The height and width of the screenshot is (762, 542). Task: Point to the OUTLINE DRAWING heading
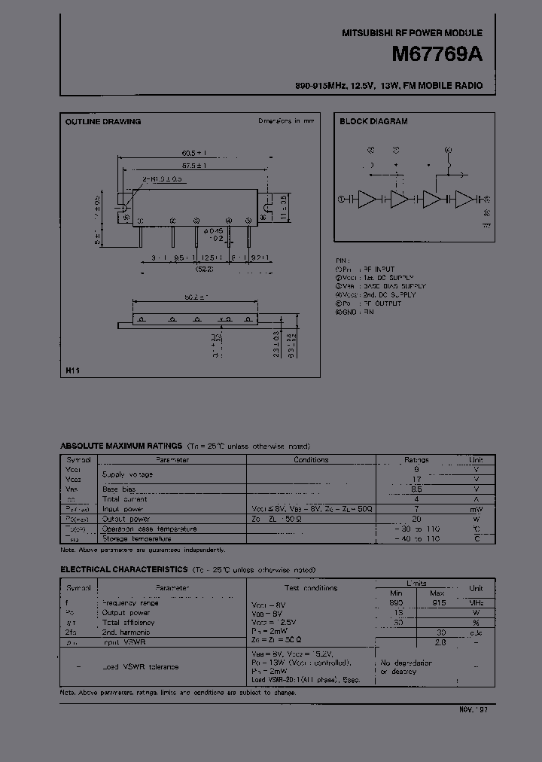(103, 121)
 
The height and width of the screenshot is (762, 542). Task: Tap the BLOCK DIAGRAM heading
(373, 121)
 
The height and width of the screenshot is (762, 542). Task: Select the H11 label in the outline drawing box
(72, 371)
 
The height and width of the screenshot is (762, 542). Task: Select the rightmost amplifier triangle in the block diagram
(464, 200)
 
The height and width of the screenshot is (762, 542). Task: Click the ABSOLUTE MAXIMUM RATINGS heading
(121, 447)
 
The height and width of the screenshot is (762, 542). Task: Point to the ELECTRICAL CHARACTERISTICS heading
(124, 569)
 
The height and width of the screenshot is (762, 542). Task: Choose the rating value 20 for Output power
(416, 519)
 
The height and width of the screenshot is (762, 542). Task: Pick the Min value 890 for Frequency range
(397, 603)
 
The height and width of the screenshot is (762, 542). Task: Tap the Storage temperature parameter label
(136, 538)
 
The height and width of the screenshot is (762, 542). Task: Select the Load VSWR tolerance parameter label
(141, 667)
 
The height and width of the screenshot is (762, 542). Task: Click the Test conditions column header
(311, 588)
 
